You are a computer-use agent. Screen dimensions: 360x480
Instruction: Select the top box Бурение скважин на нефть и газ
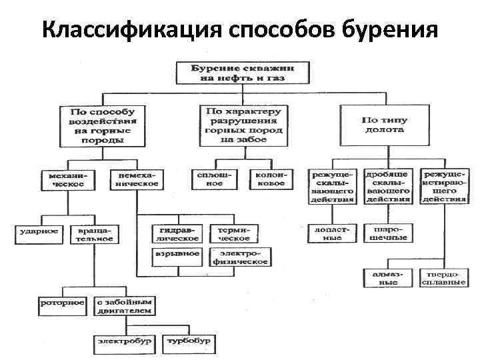coord(243,72)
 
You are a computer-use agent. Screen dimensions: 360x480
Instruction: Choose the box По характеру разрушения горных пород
coord(243,124)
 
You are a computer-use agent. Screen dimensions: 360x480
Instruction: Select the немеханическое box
coord(137,179)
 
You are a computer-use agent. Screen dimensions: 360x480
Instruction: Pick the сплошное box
coord(214,179)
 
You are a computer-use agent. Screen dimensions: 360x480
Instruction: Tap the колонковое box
coord(271,179)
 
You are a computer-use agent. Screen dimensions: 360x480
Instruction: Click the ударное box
coord(37,233)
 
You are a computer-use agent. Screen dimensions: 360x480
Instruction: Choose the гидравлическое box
coord(175,233)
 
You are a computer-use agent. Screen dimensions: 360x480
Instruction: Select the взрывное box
coord(176,255)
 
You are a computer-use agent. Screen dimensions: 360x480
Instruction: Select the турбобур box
coord(189,341)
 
